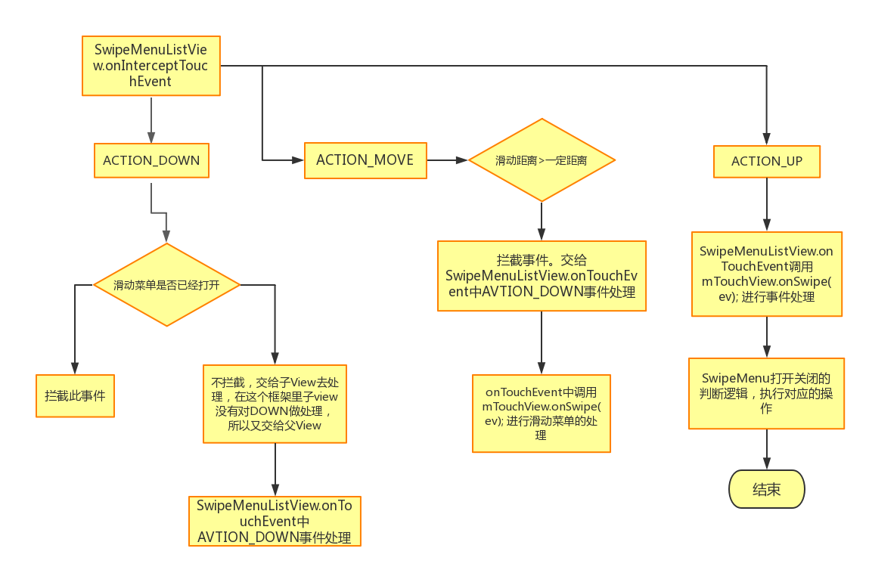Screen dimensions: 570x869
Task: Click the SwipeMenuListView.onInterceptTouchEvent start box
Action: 151,65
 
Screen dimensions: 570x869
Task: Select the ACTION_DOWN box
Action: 151,160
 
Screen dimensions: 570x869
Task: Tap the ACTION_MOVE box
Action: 365,160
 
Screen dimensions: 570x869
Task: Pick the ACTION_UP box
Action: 767,161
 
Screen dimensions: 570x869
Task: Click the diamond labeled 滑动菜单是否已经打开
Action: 166,285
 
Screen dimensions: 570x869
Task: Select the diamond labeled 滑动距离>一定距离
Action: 542,160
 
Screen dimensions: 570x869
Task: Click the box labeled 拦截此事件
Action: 75,395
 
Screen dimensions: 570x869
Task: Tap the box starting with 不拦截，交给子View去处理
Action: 275,404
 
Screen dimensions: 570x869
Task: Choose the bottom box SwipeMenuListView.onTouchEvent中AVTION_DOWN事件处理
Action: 275,521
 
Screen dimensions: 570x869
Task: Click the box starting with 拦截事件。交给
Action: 542,276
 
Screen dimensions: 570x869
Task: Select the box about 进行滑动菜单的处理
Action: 541,414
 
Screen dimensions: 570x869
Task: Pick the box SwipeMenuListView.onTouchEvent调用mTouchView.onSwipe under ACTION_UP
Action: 767,274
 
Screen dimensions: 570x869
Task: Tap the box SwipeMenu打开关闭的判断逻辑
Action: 767,393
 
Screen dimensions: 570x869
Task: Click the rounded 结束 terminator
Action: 767,489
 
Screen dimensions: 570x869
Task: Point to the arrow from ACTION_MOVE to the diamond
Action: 448,160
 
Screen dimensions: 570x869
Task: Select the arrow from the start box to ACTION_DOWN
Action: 151,119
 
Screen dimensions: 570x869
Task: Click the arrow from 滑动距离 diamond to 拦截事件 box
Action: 542,221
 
